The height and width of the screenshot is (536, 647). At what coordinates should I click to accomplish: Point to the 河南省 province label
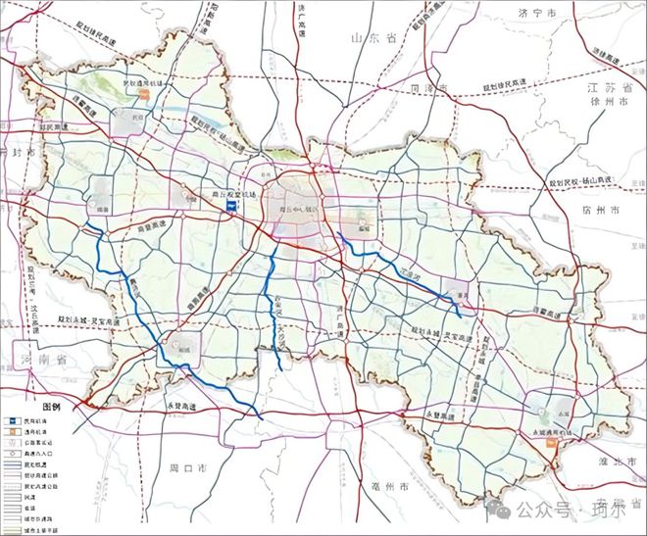[40, 361]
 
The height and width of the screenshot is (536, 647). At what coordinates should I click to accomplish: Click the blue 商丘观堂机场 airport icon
[231, 206]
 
